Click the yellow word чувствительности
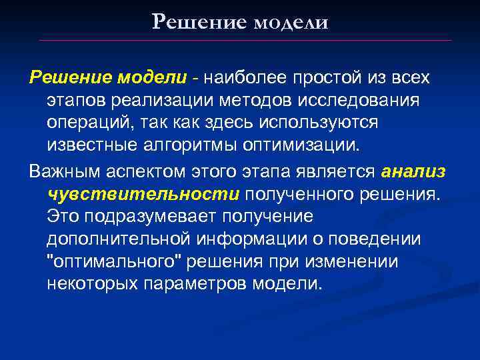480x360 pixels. click(x=143, y=193)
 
